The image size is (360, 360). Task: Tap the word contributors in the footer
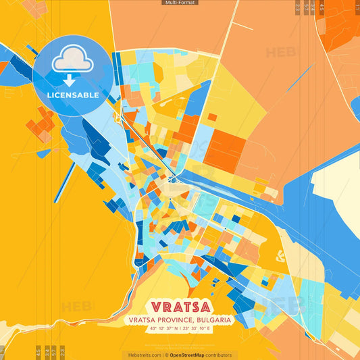point(220,355)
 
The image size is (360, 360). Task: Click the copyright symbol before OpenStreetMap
point(167,355)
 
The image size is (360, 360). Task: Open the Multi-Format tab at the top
point(180,3)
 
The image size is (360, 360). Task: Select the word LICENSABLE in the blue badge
point(72,95)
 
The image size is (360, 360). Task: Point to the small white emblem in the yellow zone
point(281,255)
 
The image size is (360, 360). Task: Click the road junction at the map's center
point(173,179)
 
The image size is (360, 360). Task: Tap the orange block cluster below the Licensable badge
point(42,124)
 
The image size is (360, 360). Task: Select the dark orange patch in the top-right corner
point(341,24)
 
